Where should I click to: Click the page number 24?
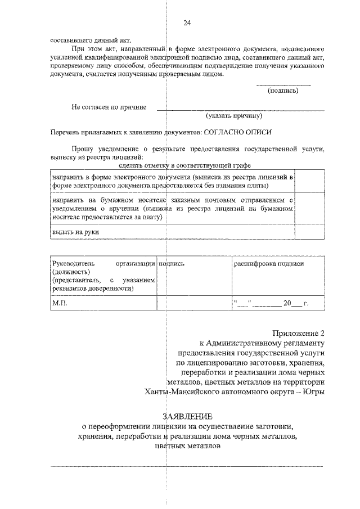(x=187, y=23)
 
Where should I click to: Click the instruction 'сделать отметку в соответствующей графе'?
(x=185, y=165)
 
